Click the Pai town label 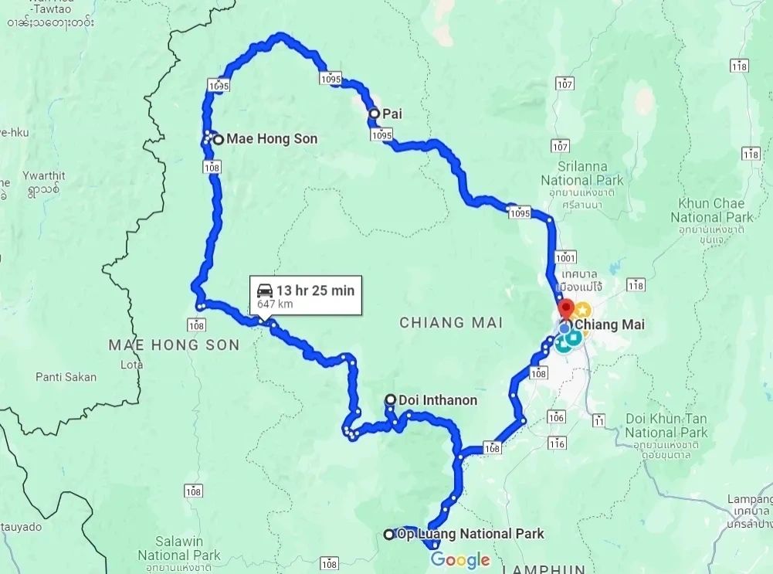tap(392, 114)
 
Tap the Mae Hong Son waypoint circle tap(219, 140)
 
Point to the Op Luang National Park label tap(471, 534)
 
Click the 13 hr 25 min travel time tap(315, 290)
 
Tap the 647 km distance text tap(275, 304)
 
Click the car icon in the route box tap(264, 290)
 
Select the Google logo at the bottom tap(460, 560)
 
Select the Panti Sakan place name tap(66, 377)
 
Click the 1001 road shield tap(566, 257)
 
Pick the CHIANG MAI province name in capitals tap(451, 322)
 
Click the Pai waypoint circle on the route tap(375, 114)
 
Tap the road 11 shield tap(599, 421)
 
